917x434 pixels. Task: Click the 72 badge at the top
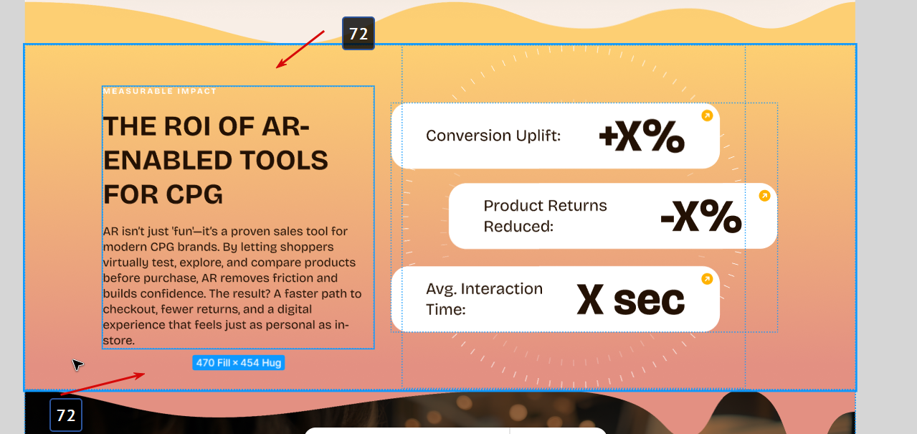pos(358,34)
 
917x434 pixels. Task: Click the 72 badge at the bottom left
pos(66,415)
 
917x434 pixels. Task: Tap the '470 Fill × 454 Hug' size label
pos(239,363)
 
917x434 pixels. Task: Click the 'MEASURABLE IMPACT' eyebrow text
pos(160,91)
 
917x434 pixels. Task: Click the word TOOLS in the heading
pos(284,160)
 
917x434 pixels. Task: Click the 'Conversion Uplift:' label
pos(493,136)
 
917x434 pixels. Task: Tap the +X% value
pos(642,136)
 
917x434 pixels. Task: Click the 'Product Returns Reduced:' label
pos(545,216)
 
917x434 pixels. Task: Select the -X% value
pos(701,216)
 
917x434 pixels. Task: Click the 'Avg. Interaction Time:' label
pos(484,299)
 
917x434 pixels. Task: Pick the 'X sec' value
pos(631,300)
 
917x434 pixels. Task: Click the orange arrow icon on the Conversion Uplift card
pos(707,116)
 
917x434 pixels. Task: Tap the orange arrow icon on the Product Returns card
pos(764,196)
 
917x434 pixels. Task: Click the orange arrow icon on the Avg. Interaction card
pos(707,279)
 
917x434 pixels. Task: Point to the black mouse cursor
pos(77,364)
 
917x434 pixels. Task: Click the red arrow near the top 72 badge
pos(300,49)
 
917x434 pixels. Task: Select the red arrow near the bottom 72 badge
pos(103,384)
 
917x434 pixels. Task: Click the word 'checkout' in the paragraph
pos(129,309)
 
